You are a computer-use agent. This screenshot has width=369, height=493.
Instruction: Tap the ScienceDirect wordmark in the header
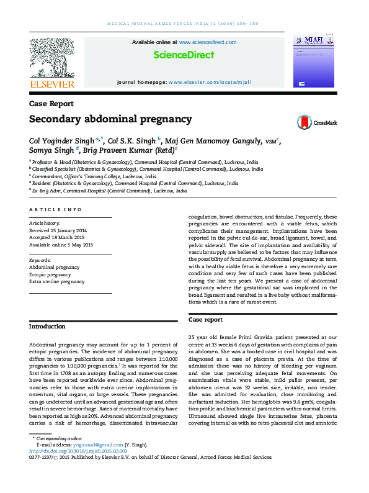coord(184,55)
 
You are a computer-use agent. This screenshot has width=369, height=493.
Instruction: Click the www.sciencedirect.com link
coord(207,42)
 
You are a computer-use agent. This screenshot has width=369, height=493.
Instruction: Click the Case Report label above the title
coord(51,104)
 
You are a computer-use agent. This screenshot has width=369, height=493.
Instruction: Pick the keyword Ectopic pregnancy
coord(50,274)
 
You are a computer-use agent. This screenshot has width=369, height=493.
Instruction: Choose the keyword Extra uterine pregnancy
coord(57,282)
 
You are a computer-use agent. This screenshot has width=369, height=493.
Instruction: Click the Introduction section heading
coord(48,326)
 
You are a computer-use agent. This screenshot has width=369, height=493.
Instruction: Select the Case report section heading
coord(205,319)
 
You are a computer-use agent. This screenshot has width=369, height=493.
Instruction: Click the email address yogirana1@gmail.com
coord(88,462)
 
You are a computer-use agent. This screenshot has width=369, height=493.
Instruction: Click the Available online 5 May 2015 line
coord(61,245)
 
